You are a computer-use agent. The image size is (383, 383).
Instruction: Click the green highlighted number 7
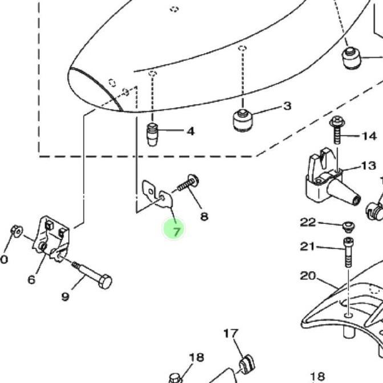click(x=177, y=231)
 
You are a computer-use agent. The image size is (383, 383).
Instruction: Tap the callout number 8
click(x=204, y=217)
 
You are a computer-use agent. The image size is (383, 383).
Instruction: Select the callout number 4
click(x=190, y=132)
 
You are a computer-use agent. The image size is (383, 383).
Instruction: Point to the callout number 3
click(x=287, y=106)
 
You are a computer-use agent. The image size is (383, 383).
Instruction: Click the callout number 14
click(x=369, y=136)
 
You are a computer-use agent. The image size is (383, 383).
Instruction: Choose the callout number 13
click(x=369, y=166)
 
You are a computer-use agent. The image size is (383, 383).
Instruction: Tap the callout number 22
click(x=308, y=222)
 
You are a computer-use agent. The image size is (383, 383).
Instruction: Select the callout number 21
click(x=307, y=246)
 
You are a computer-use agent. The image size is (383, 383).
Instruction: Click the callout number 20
click(x=308, y=276)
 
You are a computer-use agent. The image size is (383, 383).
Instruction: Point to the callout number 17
click(x=231, y=333)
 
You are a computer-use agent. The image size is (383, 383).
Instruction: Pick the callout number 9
click(x=65, y=297)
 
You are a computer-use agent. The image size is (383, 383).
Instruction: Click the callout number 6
click(x=31, y=279)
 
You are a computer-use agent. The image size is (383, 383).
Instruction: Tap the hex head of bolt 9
click(x=105, y=282)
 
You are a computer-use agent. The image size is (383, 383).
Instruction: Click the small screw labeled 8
click(x=188, y=184)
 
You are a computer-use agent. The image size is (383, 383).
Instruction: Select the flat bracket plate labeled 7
click(x=157, y=194)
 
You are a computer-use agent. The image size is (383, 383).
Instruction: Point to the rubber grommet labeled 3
click(x=242, y=120)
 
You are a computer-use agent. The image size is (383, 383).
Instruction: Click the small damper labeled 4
click(x=152, y=135)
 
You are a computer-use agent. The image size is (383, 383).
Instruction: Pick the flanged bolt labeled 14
click(x=337, y=130)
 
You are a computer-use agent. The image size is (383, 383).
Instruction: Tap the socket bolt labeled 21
click(x=348, y=252)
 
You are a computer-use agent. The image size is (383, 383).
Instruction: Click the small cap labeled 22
click(x=349, y=226)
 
